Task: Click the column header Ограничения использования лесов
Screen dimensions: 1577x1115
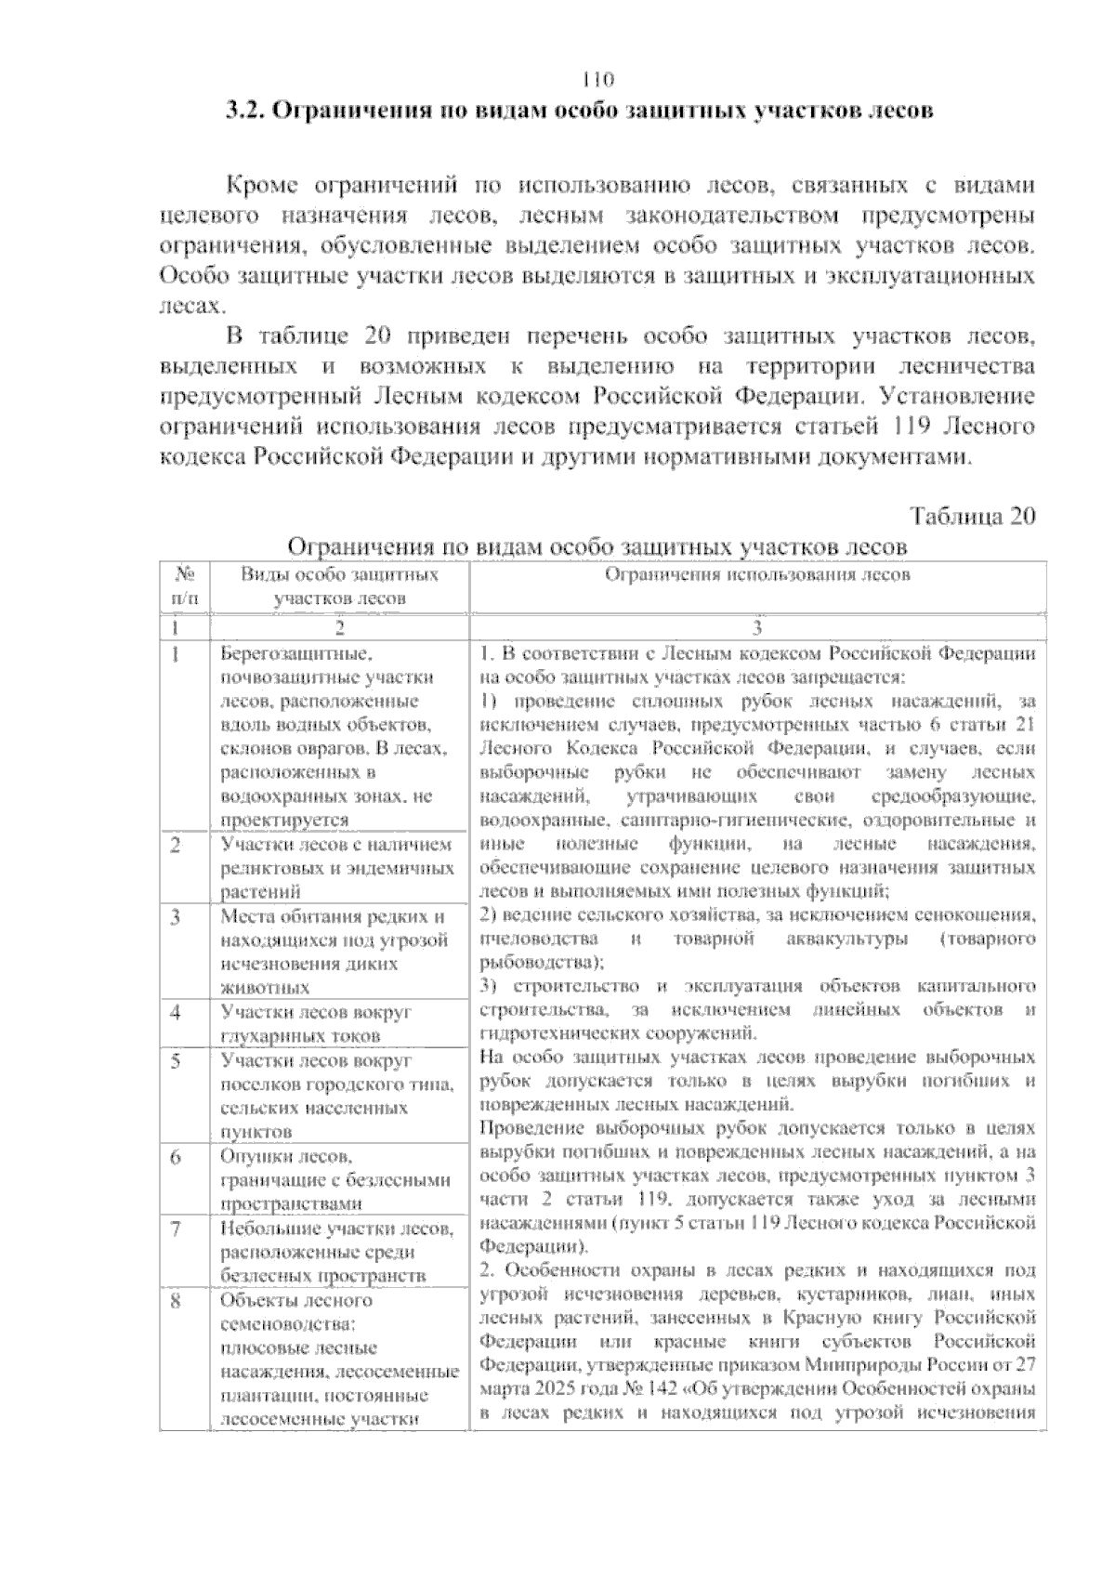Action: click(757, 575)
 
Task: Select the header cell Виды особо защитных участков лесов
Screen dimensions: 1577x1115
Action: click(340, 586)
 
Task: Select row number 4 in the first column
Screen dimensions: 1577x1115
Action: click(177, 1011)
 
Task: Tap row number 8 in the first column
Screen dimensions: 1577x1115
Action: click(177, 1300)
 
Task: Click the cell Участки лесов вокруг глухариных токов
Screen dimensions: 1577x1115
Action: click(316, 1023)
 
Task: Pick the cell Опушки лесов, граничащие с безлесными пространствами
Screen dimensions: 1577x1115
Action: click(334, 1180)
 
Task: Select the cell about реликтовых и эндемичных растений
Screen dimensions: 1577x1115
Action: click(336, 867)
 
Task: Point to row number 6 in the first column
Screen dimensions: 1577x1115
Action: click(177, 1156)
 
